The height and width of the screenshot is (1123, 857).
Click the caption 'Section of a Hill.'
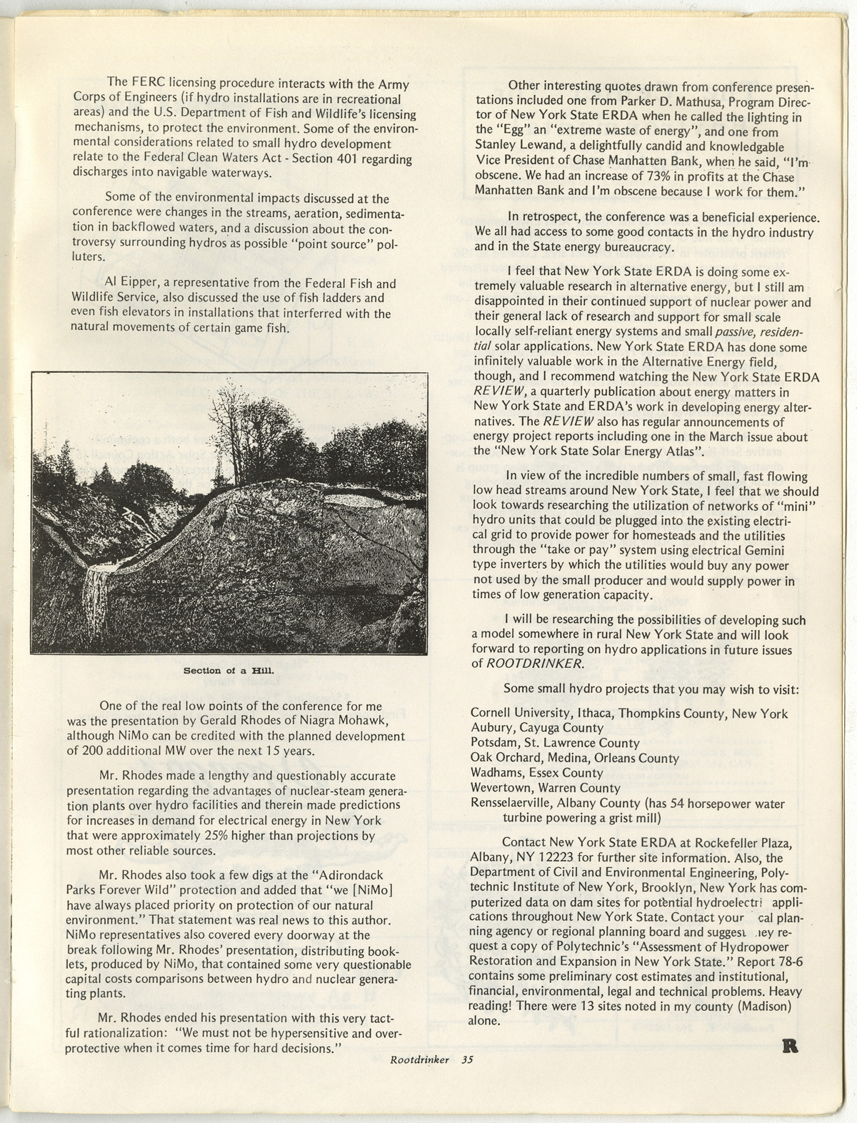[229, 670]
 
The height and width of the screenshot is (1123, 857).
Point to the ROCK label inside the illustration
[159, 582]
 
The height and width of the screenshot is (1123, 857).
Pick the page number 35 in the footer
[467, 1060]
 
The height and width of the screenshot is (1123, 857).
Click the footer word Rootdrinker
[419, 1060]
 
